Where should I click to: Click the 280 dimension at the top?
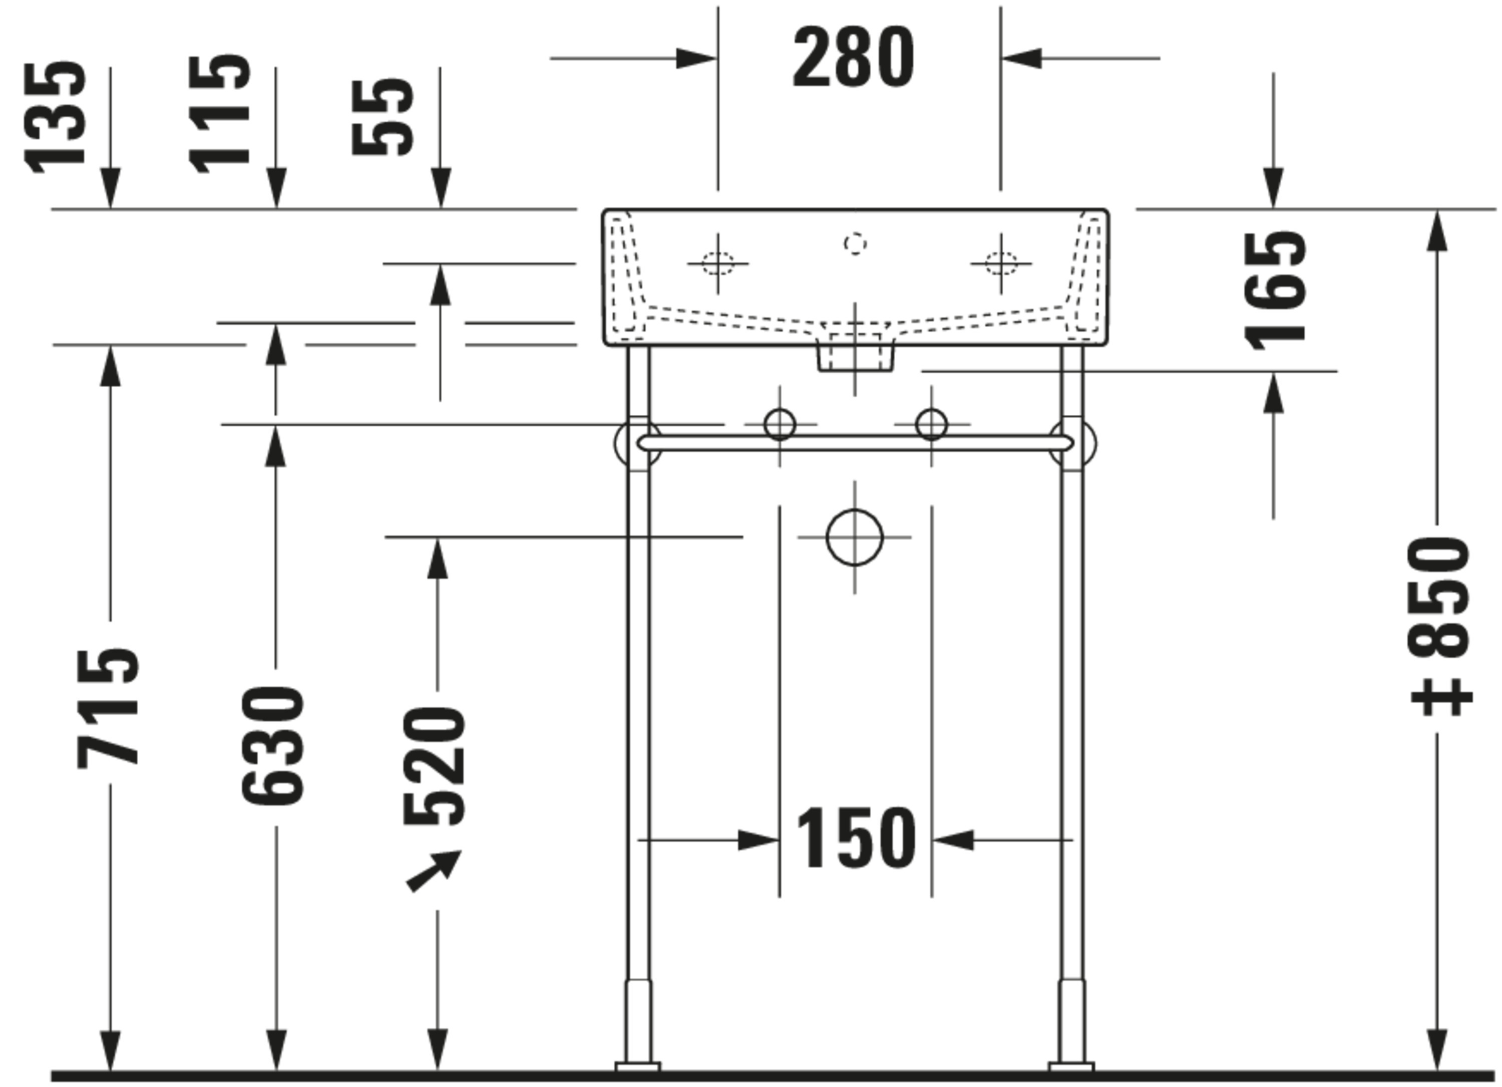pos(853,58)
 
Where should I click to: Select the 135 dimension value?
pos(55,117)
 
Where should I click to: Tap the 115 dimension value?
pos(219,115)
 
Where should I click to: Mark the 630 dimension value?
pos(272,746)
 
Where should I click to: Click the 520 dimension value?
pos(435,766)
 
